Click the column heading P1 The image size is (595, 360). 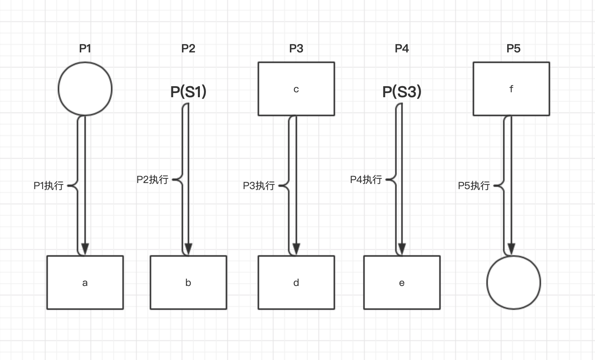tap(85, 49)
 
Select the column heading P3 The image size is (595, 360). tap(296, 49)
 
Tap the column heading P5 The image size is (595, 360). tap(513, 49)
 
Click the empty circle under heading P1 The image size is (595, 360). tap(85, 89)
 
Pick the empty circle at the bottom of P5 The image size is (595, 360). tap(513, 282)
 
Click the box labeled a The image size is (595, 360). tap(85, 282)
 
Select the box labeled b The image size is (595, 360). tap(188, 282)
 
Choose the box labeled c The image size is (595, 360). tap(296, 89)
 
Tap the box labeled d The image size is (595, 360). tap(296, 282)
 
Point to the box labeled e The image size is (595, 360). tap(402, 282)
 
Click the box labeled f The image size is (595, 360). tap(511, 89)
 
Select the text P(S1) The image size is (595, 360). tap(188, 92)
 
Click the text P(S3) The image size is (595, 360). tap(402, 92)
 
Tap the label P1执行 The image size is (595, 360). tap(48, 186)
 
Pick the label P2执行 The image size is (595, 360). tap(152, 180)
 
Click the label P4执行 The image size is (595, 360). tap(366, 180)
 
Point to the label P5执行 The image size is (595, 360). tap(473, 186)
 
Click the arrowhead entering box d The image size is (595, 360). tap(296, 249)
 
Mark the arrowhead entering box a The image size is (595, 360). tap(85, 249)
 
